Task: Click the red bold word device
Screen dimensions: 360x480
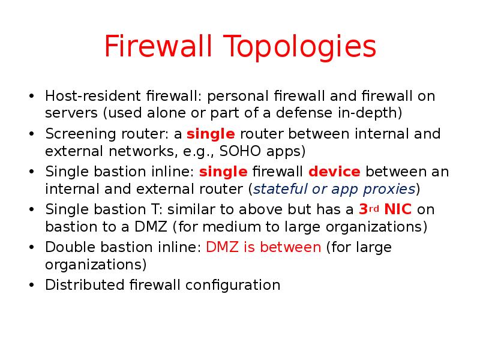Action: tap(334, 172)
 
